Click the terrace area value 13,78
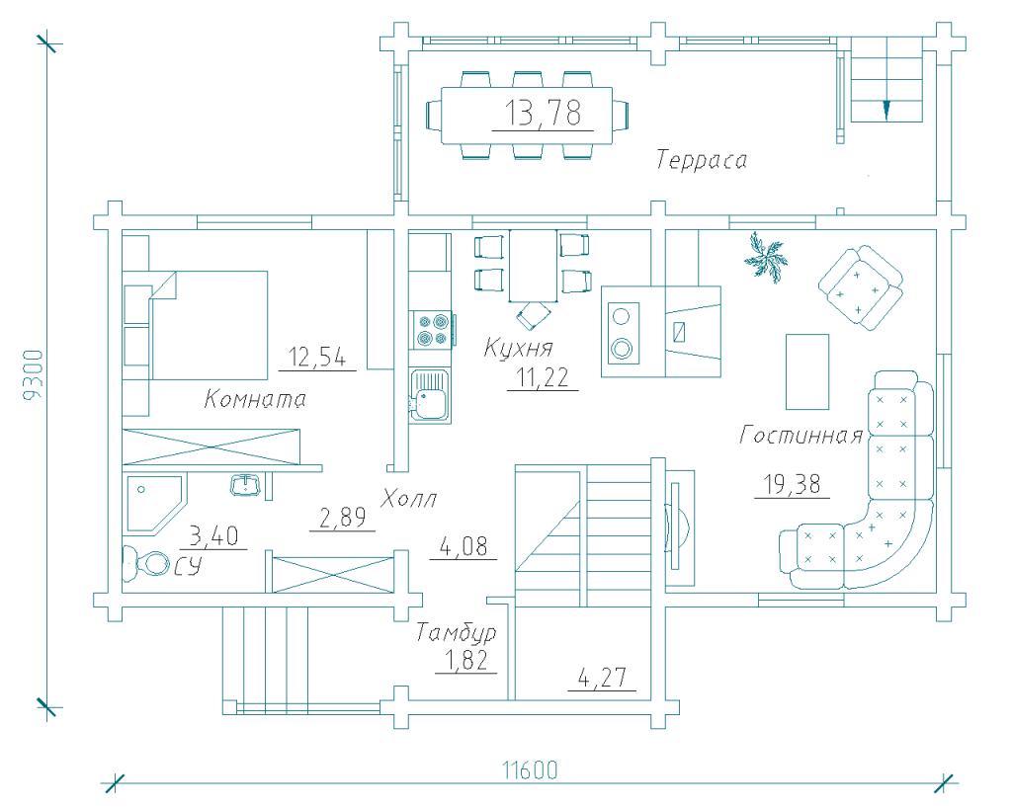click(x=542, y=114)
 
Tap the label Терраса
click(x=702, y=161)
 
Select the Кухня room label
click(x=518, y=348)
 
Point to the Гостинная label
click(x=801, y=436)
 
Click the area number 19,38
click(x=791, y=484)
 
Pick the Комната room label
click(x=256, y=400)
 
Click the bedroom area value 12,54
click(x=316, y=356)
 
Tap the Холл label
click(x=409, y=498)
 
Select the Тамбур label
click(x=456, y=632)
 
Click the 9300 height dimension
click(x=35, y=376)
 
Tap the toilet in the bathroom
click(x=145, y=563)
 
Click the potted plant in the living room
click(x=768, y=259)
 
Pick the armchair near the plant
click(x=860, y=285)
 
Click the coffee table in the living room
click(x=807, y=370)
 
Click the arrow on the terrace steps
click(x=886, y=109)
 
